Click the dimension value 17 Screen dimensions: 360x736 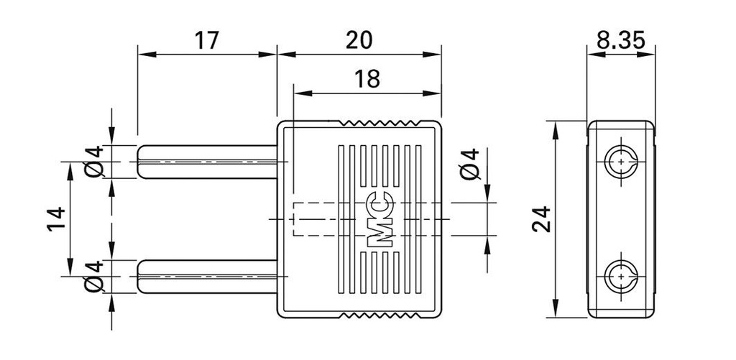point(206,40)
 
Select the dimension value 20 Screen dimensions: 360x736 point(359,40)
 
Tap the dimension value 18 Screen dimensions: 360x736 point(367,79)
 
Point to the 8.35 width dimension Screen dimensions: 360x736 point(620,40)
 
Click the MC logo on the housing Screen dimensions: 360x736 point(379,220)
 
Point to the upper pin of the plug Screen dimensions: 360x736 point(208,161)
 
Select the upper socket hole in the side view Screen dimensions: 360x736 point(620,162)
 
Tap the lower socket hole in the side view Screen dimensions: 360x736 point(620,277)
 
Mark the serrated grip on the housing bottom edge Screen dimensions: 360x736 point(388,316)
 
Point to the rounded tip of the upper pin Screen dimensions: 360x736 point(142,161)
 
